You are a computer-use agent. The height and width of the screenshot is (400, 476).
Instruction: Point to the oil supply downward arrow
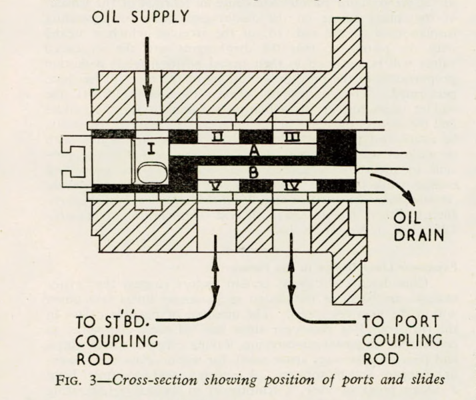[149, 73]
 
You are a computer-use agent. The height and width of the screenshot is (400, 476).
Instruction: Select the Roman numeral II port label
[215, 139]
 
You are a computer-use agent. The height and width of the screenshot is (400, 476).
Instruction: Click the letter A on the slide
[253, 151]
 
